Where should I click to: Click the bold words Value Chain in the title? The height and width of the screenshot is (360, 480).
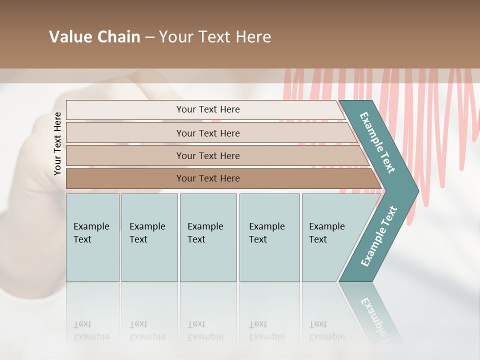pyautogui.click(x=94, y=37)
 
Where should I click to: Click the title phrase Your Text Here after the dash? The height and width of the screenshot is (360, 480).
pyautogui.click(x=215, y=37)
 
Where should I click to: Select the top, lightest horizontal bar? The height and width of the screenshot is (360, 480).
pyautogui.click(x=125, y=109)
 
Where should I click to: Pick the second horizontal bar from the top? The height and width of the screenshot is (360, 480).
pyautogui.click(x=125, y=133)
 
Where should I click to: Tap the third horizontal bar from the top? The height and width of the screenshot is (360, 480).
pyautogui.click(x=125, y=155)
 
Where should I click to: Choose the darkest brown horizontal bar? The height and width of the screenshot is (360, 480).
pyautogui.click(x=125, y=178)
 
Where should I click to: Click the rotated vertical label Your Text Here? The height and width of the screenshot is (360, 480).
pyautogui.click(x=57, y=143)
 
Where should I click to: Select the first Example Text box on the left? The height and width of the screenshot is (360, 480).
pyautogui.click(x=92, y=237)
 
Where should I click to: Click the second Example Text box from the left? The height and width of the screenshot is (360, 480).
pyautogui.click(x=149, y=237)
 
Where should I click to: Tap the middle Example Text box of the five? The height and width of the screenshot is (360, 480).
pyautogui.click(x=208, y=237)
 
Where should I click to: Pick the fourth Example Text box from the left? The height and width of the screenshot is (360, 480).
pyautogui.click(x=269, y=237)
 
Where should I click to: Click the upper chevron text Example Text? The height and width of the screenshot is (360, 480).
pyautogui.click(x=377, y=142)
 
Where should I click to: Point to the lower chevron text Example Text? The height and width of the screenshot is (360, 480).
pyautogui.click(x=379, y=236)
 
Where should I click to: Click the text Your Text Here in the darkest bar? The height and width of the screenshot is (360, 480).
pyautogui.click(x=208, y=178)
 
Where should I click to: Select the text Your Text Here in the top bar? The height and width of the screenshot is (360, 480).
pyautogui.click(x=208, y=109)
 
